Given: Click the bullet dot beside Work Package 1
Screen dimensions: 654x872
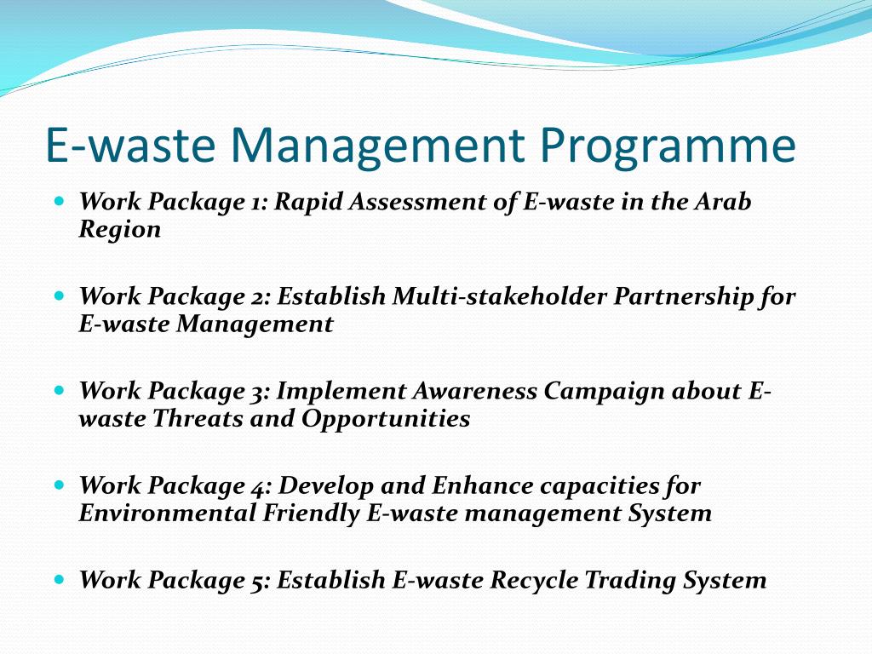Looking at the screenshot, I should tap(59, 203).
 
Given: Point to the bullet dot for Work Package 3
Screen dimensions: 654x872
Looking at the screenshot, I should tap(59, 392).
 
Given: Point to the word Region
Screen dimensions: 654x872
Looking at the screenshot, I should tap(119, 230).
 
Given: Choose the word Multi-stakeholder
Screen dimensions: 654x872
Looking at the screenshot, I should tap(500, 297).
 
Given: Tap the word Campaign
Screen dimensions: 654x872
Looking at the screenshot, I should tap(604, 392).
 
